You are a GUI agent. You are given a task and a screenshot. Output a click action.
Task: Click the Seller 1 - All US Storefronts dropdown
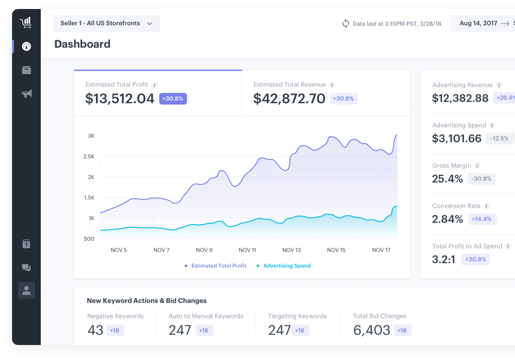(x=106, y=23)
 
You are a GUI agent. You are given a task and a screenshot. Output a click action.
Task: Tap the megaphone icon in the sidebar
(x=26, y=94)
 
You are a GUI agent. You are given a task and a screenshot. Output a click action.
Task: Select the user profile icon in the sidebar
(x=26, y=290)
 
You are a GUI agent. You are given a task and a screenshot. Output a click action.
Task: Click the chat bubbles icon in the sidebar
(x=26, y=268)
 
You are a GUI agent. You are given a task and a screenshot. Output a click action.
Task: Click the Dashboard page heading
(x=82, y=44)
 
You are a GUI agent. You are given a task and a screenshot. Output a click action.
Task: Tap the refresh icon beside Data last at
(x=346, y=23)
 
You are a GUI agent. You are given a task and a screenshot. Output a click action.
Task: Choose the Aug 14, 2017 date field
(x=478, y=23)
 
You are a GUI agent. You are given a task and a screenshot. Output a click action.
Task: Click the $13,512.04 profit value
(x=120, y=99)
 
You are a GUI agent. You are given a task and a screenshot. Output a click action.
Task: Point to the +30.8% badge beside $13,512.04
(x=173, y=98)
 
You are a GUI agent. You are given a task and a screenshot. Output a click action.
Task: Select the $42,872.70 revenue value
(x=289, y=99)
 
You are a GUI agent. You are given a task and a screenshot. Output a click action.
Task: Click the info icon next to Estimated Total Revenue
(x=332, y=85)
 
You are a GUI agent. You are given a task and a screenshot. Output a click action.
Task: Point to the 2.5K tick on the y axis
(x=89, y=157)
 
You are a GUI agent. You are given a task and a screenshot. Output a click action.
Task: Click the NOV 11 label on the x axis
(x=247, y=250)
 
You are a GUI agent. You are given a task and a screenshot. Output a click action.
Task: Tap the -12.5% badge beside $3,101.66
(x=499, y=139)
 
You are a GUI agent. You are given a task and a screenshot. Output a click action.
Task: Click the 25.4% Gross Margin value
(x=447, y=179)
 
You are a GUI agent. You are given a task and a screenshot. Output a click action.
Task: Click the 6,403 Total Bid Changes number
(x=372, y=330)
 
